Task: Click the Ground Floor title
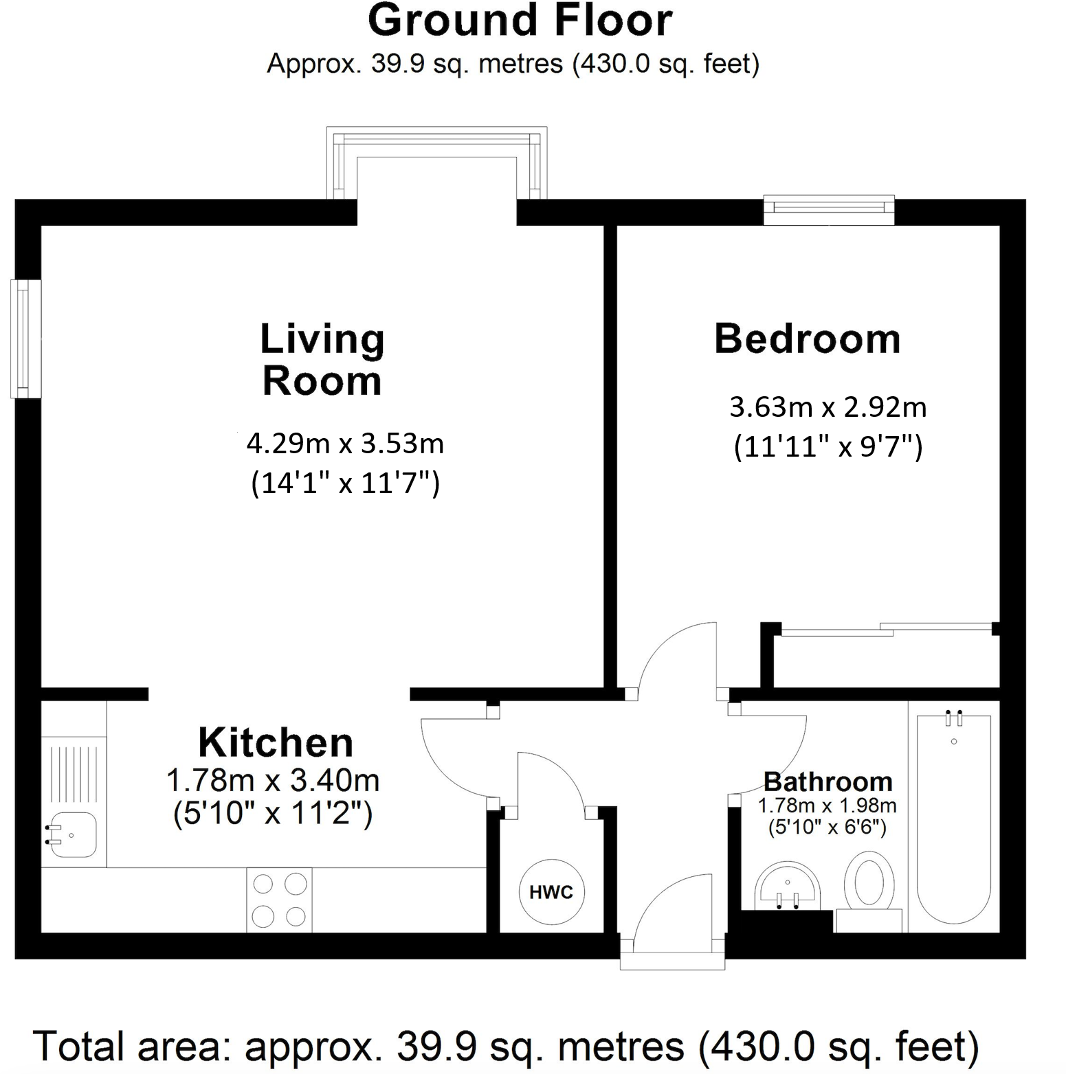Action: click(x=520, y=21)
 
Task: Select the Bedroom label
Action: click(x=807, y=339)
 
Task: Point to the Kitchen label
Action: click(x=276, y=742)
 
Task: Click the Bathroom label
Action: click(x=828, y=781)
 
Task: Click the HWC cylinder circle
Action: click(x=551, y=892)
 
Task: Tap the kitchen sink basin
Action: click(x=72, y=835)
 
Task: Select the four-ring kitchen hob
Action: click(x=279, y=900)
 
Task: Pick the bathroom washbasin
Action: click(x=787, y=886)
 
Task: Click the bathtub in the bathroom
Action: click(x=954, y=817)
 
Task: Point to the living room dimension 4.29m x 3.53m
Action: click(x=345, y=444)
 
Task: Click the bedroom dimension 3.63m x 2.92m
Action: click(x=828, y=407)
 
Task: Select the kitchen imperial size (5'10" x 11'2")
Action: click(x=273, y=814)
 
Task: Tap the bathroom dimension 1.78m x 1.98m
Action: click(x=827, y=805)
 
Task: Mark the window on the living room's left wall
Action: click(x=25, y=339)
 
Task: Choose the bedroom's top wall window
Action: click(x=829, y=209)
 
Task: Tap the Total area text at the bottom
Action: click(x=505, y=1047)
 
